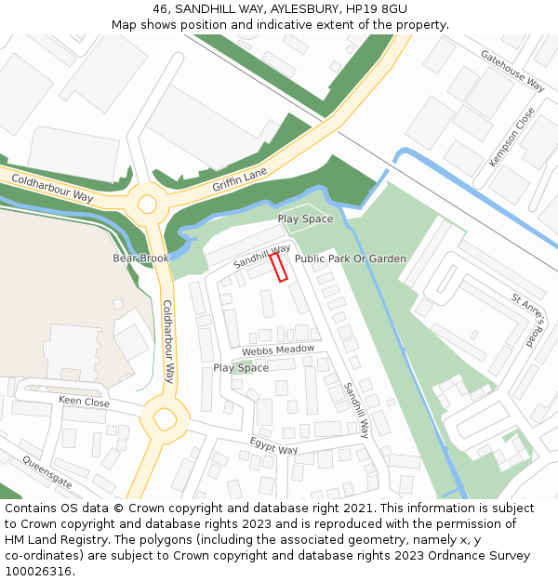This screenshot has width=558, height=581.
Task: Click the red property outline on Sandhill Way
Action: (x=278, y=267)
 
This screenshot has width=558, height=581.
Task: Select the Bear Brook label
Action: (x=141, y=257)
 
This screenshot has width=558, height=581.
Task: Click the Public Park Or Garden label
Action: (x=351, y=258)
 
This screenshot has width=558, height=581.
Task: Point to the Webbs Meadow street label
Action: (x=278, y=350)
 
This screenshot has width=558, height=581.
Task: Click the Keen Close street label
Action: (x=84, y=402)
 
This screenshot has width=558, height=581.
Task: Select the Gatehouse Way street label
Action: (x=512, y=70)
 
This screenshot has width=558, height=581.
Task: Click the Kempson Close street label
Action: (x=512, y=137)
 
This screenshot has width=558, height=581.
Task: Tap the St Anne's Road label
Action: (x=531, y=320)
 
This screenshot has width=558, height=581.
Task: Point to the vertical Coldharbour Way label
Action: (x=168, y=341)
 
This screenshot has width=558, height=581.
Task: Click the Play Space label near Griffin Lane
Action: (x=305, y=219)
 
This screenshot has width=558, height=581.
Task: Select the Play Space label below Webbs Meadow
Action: (x=241, y=368)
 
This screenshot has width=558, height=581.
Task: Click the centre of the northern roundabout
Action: (x=147, y=204)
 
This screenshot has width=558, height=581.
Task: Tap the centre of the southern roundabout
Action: (x=166, y=420)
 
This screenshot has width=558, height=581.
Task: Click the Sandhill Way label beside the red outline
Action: (x=262, y=257)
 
